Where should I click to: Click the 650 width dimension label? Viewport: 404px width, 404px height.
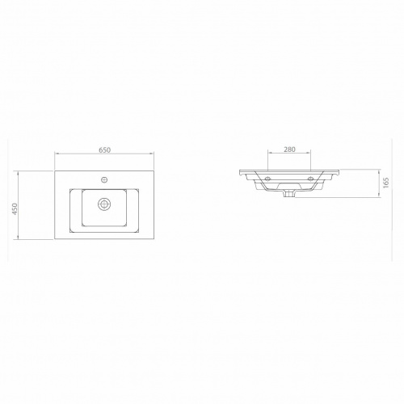pos(104,149)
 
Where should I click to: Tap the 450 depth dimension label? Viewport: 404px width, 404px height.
pos(15,208)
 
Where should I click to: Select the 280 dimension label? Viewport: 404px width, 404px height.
pos(289,149)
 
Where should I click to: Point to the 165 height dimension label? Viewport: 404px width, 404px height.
pos(386,183)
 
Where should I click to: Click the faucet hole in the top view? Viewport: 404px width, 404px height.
pos(104,179)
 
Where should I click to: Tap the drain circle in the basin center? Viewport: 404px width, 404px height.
pos(104,204)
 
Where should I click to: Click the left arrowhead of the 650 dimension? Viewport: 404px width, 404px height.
pos(57,154)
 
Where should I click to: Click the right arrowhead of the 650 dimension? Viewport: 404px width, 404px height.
pos(152,154)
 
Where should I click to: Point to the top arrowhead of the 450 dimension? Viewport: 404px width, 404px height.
pos(18,173)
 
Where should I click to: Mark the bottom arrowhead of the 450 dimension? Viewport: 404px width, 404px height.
pos(18,238)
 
